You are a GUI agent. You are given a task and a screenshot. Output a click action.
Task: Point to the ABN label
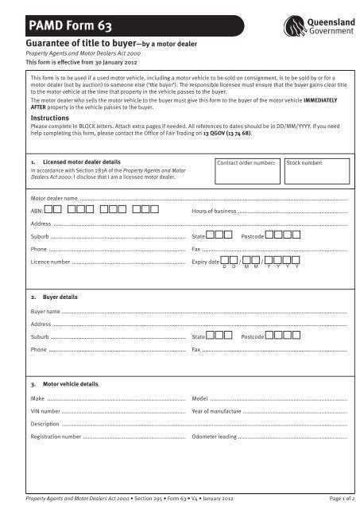tap(37, 212)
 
